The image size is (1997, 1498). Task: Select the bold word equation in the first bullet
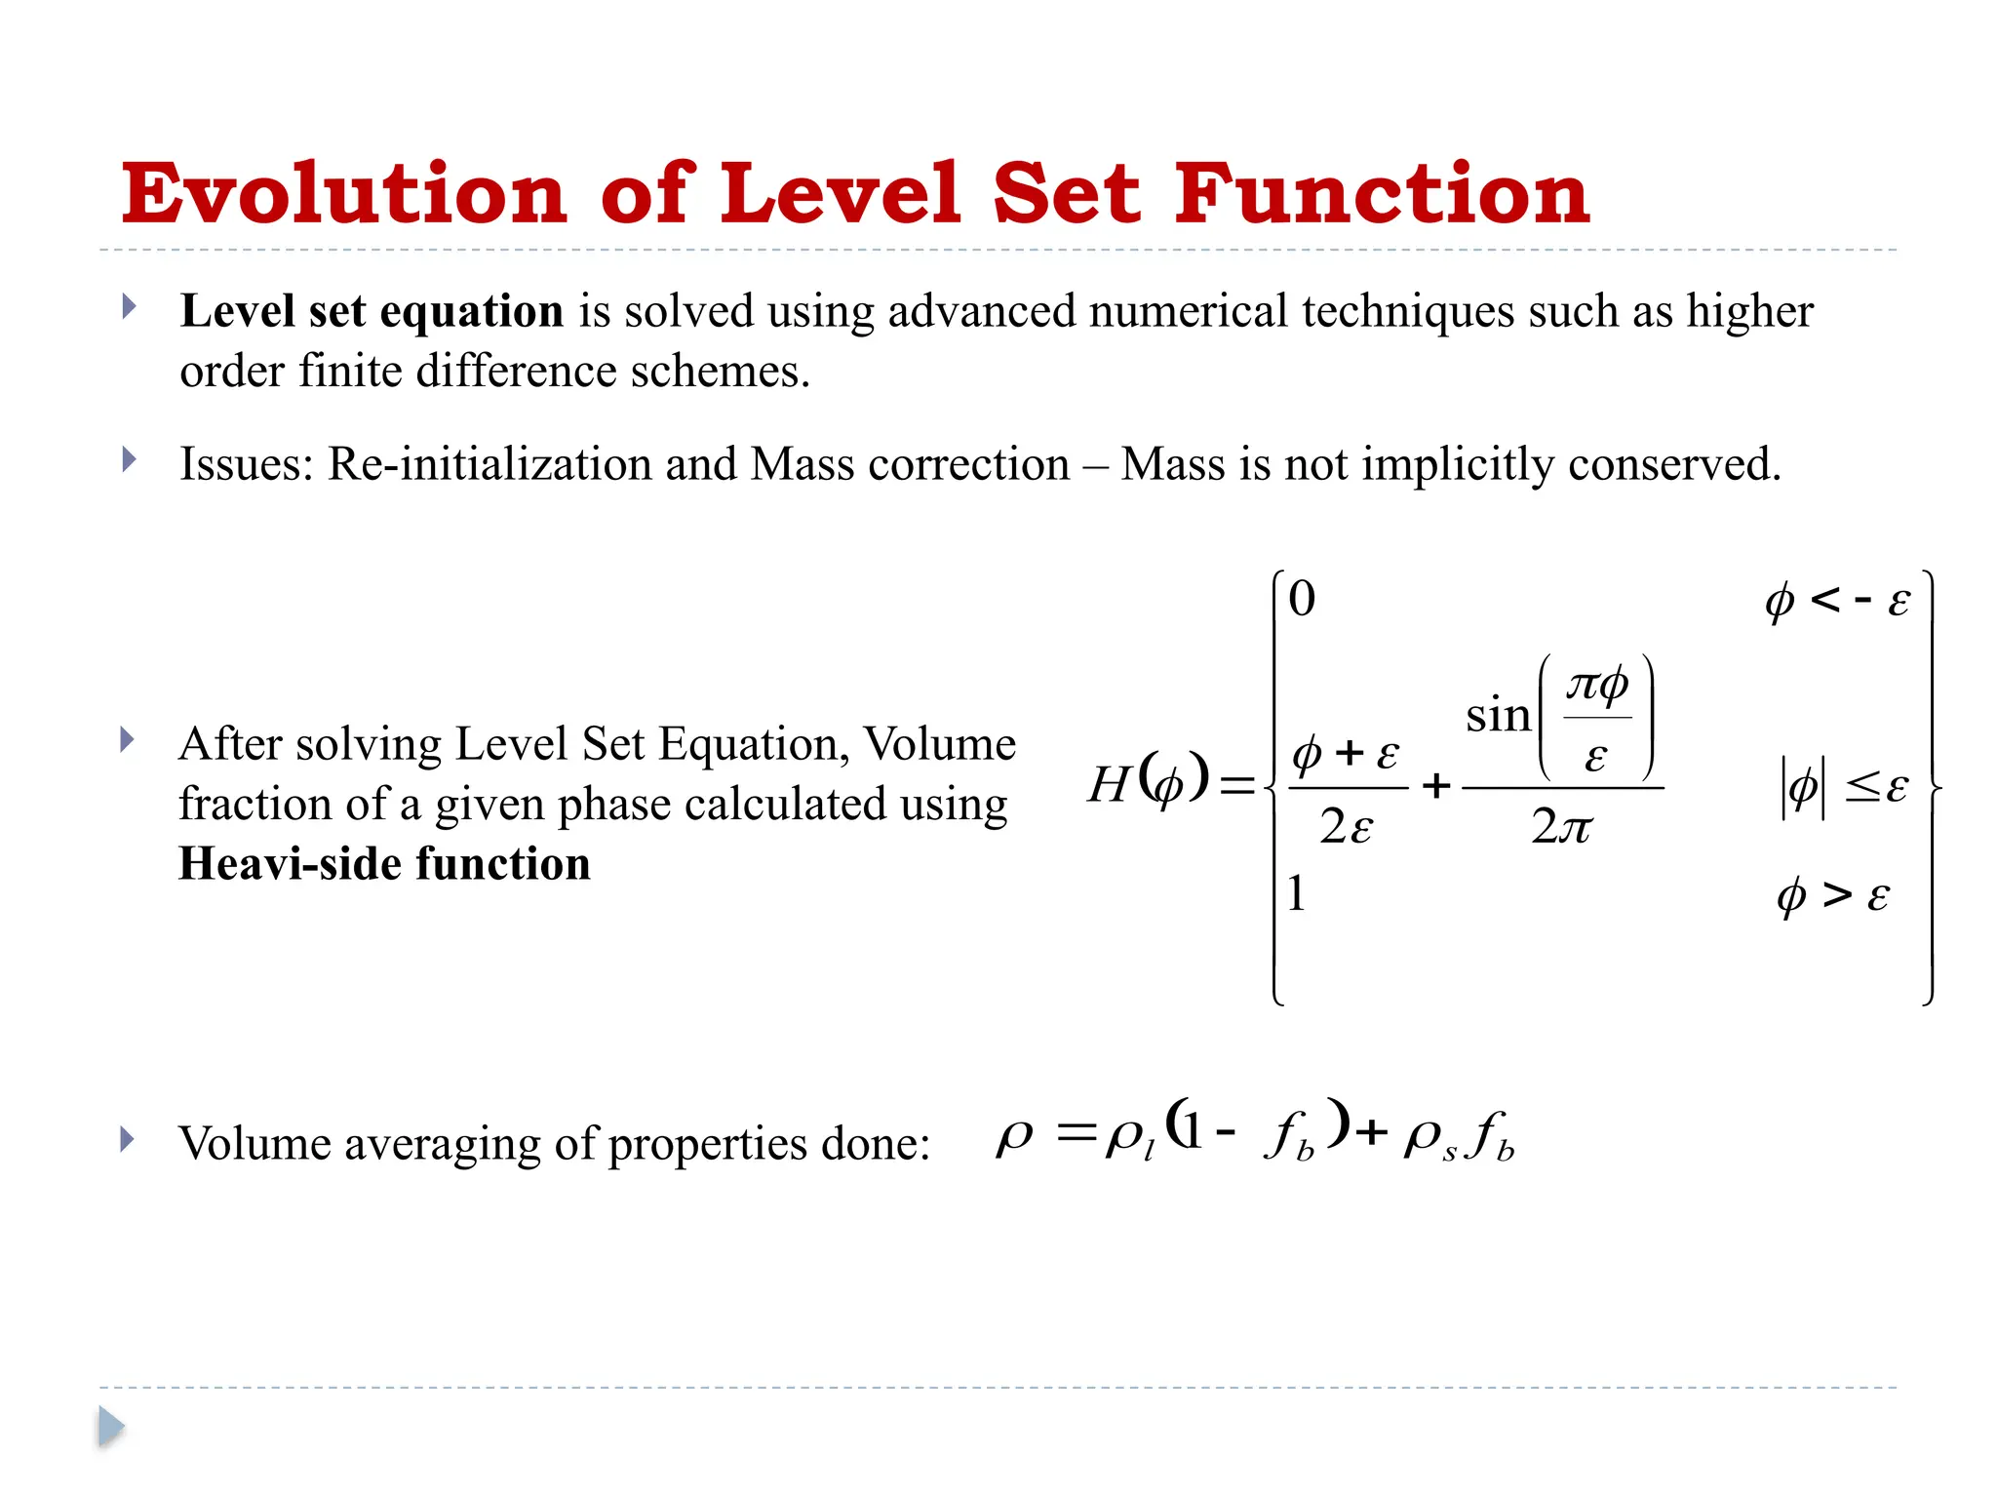point(471,312)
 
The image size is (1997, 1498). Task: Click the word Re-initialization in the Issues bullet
point(489,464)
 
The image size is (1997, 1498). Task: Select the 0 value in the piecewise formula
point(1302,598)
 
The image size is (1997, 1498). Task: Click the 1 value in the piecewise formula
point(1296,892)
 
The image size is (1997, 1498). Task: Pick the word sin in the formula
point(1498,716)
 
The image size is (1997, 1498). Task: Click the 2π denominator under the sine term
point(1561,827)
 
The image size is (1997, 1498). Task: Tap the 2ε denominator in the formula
point(1347,827)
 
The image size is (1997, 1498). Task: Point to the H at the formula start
point(1110,784)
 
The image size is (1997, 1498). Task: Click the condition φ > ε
point(1833,895)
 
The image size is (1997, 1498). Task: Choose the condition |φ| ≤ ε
point(1843,786)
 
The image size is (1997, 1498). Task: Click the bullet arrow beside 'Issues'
point(129,459)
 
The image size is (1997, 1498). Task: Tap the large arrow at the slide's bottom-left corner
point(111,1427)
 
